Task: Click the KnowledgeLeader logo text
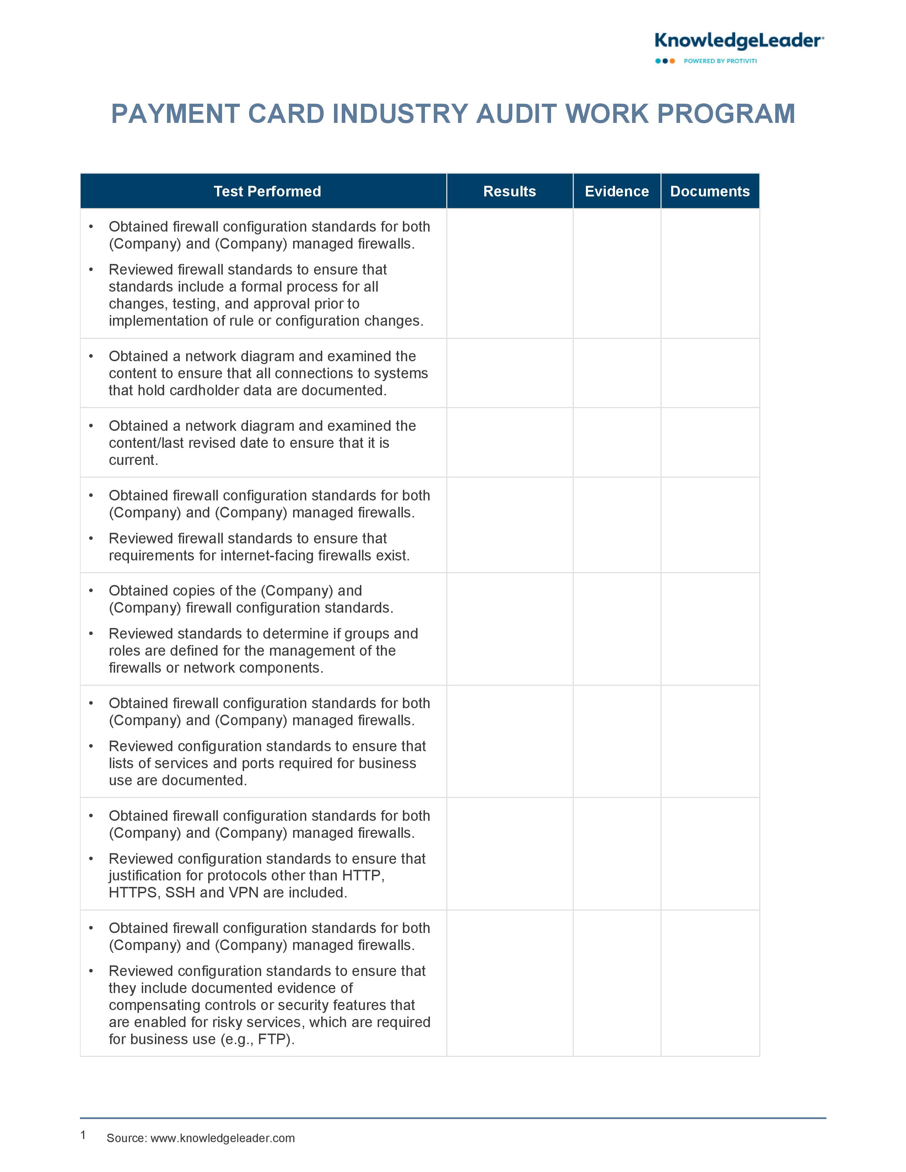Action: (x=739, y=41)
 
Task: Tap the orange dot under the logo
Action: (x=672, y=61)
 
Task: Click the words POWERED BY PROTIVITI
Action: (x=720, y=61)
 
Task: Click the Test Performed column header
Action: (x=267, y=191)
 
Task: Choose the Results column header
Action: (x=509, y=191)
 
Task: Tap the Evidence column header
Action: (x=617, y=191)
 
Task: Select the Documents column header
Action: (x=710, y=191)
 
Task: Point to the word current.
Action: (x=133, y=460)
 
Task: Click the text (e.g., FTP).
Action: (x=258, y=1040)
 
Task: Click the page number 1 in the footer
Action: (x=83, y=1135)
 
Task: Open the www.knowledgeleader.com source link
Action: (x=222, y=1138)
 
